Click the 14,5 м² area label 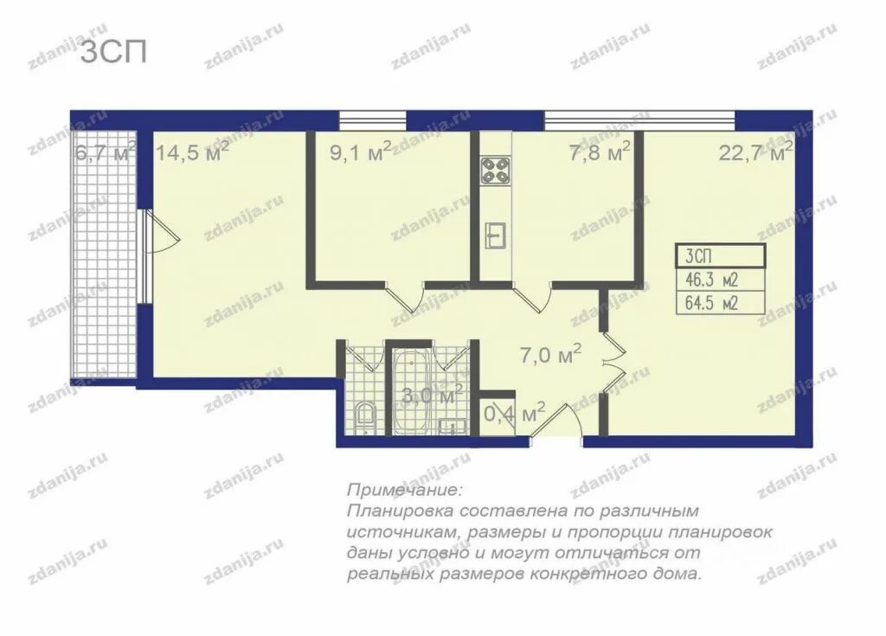coord(191,151)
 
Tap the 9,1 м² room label coord(360,151)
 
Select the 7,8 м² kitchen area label coord(600,151)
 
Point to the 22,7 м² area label coord(755,151)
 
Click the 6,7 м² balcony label coord(105,151)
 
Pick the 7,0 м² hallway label coord(550,356)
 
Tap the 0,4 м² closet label coord(515,414)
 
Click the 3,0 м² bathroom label coord(433,395)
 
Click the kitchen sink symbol coord(495,235)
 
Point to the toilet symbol coord(364,417)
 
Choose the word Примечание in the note coord(405,488)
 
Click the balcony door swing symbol coord(162,233)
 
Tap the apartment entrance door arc coord(556,420)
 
